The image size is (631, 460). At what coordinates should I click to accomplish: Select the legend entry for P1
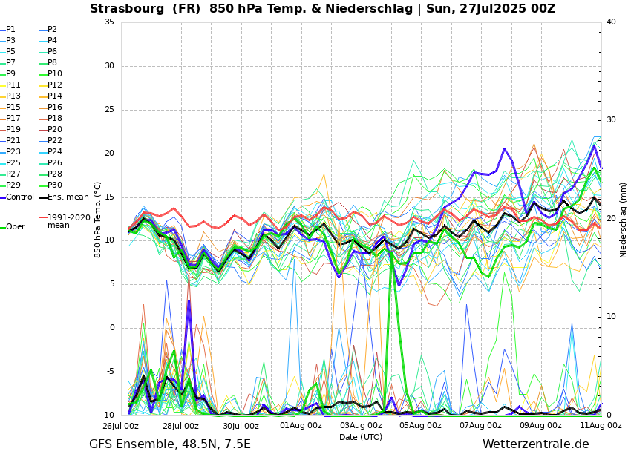click(x=10, y=30)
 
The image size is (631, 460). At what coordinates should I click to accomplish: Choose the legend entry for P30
click(x=54, y=185)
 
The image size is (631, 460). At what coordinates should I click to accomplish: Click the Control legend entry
click(x=20, y=197)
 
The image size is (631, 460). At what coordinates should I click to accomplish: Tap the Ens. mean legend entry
click(x=68, y=197)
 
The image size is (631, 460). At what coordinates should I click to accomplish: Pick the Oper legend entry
click(x=15, y=227)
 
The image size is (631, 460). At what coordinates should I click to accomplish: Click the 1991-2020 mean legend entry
click(x=68, y=221)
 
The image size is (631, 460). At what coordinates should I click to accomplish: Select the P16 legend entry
click(x=54, y=108)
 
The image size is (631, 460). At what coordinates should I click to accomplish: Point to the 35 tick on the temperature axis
click(x=109, y=22)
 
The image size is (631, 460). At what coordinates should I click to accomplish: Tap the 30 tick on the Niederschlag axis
click(x=611, y=120)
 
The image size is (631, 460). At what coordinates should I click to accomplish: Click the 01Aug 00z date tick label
click(x=301, y=426)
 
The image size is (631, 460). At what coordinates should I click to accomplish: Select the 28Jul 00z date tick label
click(x=180, y=426)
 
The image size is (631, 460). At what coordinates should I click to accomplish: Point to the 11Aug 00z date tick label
click(x=601, y=426)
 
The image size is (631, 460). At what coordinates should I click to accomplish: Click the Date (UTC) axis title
click(x=361, y=437)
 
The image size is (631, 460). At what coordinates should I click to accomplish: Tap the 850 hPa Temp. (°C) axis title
click(x=98, y=219)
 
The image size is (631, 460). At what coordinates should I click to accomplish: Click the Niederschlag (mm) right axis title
click(x=624, y=220)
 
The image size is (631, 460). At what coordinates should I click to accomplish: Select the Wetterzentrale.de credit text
click(x=535, y=444)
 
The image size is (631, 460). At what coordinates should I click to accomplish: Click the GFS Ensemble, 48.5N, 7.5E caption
click(x=170, y=444)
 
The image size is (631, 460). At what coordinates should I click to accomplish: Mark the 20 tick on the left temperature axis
click(x=109, y=154)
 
